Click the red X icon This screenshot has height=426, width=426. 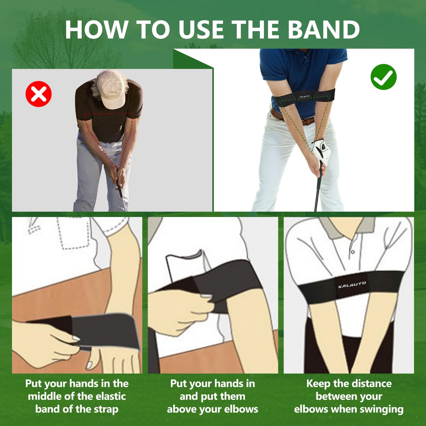click(39, 94)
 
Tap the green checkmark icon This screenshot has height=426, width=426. click(383, 77)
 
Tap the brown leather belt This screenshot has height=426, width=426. click(293, 117)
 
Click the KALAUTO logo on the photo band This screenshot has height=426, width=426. click(304, 96)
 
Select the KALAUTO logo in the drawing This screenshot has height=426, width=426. click(352, 285)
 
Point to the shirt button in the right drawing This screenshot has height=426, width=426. click(353, 252)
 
